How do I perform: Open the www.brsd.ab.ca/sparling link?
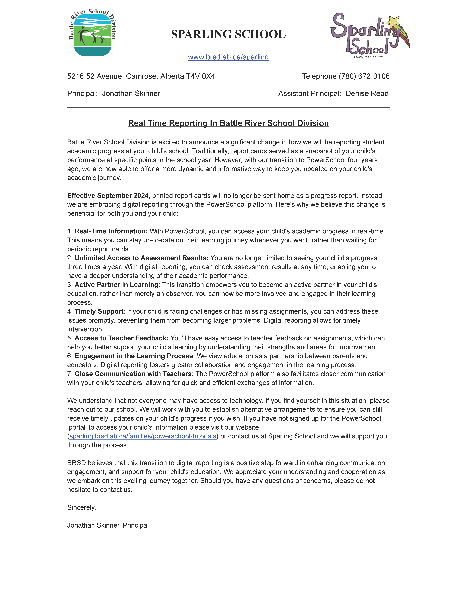point(228,57)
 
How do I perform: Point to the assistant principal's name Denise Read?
point(367,93)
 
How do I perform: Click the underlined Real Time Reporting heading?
point(228,123)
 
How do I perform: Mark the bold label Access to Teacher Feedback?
point(121,338)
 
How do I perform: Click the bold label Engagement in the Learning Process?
point(134,356)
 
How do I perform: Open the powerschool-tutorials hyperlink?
point(143,436)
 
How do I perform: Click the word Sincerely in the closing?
point(81,507)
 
